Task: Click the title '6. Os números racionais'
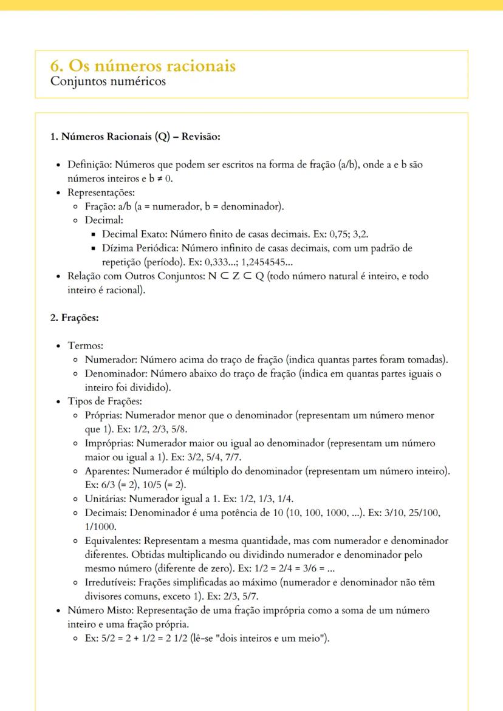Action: (143, 66)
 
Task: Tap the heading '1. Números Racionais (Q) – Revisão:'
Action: (135, 137)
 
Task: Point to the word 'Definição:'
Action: (90, 165)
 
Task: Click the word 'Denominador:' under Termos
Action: (116, 374)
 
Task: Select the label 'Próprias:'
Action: (104, 416)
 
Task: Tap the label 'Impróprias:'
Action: (109, 444)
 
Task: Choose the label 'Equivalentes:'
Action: (113, 541)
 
